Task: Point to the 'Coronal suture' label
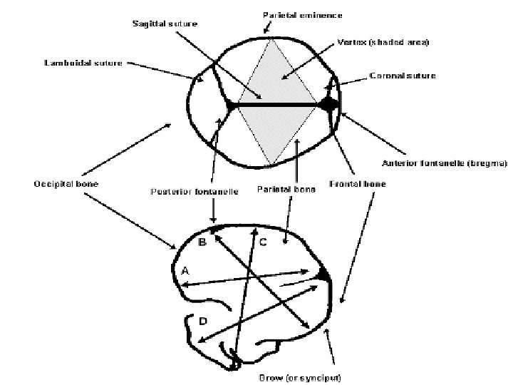(403, 75)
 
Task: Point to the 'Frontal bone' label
(357, 183)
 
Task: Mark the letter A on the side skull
(185, 270)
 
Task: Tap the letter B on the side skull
(202, 242)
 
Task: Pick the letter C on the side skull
(263, 242)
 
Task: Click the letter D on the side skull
(202, 322)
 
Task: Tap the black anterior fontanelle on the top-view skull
(330, 104)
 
